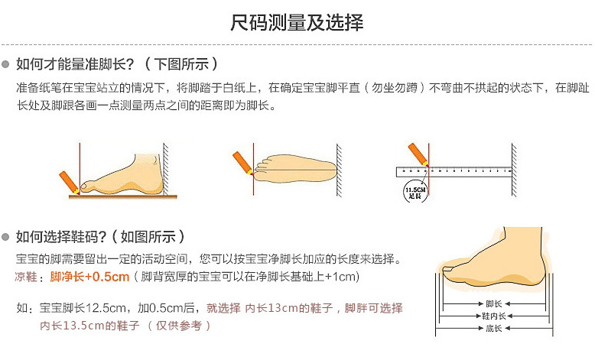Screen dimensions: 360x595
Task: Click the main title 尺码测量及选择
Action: tap(297, 22)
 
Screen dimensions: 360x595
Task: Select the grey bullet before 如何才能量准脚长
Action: tap(7, 64)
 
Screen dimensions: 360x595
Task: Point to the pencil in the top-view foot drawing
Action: tap(243, 162)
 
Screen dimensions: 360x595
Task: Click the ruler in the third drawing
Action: tap(454, 171)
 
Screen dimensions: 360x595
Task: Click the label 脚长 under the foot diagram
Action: tap(494, 304)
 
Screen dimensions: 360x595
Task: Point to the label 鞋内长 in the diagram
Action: tap(494, 316)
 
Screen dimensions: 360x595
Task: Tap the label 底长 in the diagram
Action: tap(494, 329)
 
